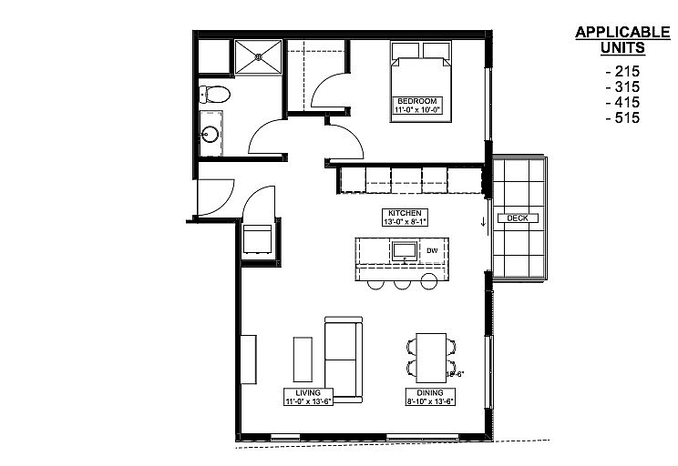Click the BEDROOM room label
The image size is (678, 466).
coord(416,101)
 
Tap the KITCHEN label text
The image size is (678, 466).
coord(405,213)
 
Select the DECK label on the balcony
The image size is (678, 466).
coord(518,218)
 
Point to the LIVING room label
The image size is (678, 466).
coord(308,392)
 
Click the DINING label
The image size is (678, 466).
coord(430,392)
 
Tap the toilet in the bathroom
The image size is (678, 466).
coord(214,94)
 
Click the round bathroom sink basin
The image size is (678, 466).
coord(211,134)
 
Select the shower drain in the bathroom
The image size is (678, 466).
coord(259,56)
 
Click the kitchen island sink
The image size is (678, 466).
coord(405,251)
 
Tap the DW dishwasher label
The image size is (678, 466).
coord(432,250)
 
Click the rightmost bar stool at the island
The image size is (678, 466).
coord(429,281)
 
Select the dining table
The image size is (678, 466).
coord(431,358)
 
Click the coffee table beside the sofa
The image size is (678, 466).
coord(303,360)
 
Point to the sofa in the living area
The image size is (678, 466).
coord(344,360)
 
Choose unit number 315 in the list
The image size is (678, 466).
coord(622,86)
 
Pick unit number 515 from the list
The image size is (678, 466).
coord(622,118)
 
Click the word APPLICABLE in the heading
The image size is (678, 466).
coord(622,33)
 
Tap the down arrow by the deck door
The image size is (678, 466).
coord(483,222)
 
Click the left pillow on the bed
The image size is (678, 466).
coord(406,51)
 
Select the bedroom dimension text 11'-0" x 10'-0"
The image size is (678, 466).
coord(416,110)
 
